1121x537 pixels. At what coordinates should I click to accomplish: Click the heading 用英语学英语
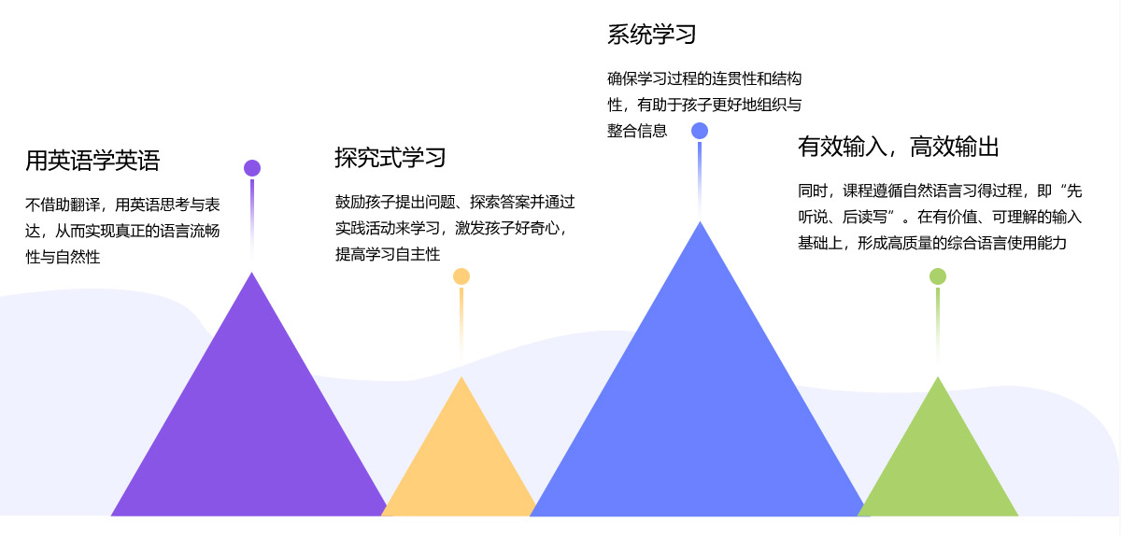92,161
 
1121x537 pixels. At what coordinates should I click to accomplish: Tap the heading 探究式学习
390,157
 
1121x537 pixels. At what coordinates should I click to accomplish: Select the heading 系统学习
652,35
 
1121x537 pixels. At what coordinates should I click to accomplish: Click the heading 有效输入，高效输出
899,147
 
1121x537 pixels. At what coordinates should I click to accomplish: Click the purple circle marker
252,168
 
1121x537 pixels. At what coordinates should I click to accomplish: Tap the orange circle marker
461,276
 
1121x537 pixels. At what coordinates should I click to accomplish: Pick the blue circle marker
700,131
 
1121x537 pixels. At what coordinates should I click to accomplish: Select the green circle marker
938,276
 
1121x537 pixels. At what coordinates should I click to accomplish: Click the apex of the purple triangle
251,274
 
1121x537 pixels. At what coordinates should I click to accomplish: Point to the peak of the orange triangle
461,378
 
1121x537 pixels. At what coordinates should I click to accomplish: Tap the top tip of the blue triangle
700,223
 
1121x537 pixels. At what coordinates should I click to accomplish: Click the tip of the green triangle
938,378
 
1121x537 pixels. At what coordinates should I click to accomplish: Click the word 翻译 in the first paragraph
85,204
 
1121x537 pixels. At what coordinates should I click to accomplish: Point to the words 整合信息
637,131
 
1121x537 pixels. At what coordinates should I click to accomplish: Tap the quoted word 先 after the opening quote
1073,191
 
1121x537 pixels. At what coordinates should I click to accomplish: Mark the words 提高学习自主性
388,254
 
